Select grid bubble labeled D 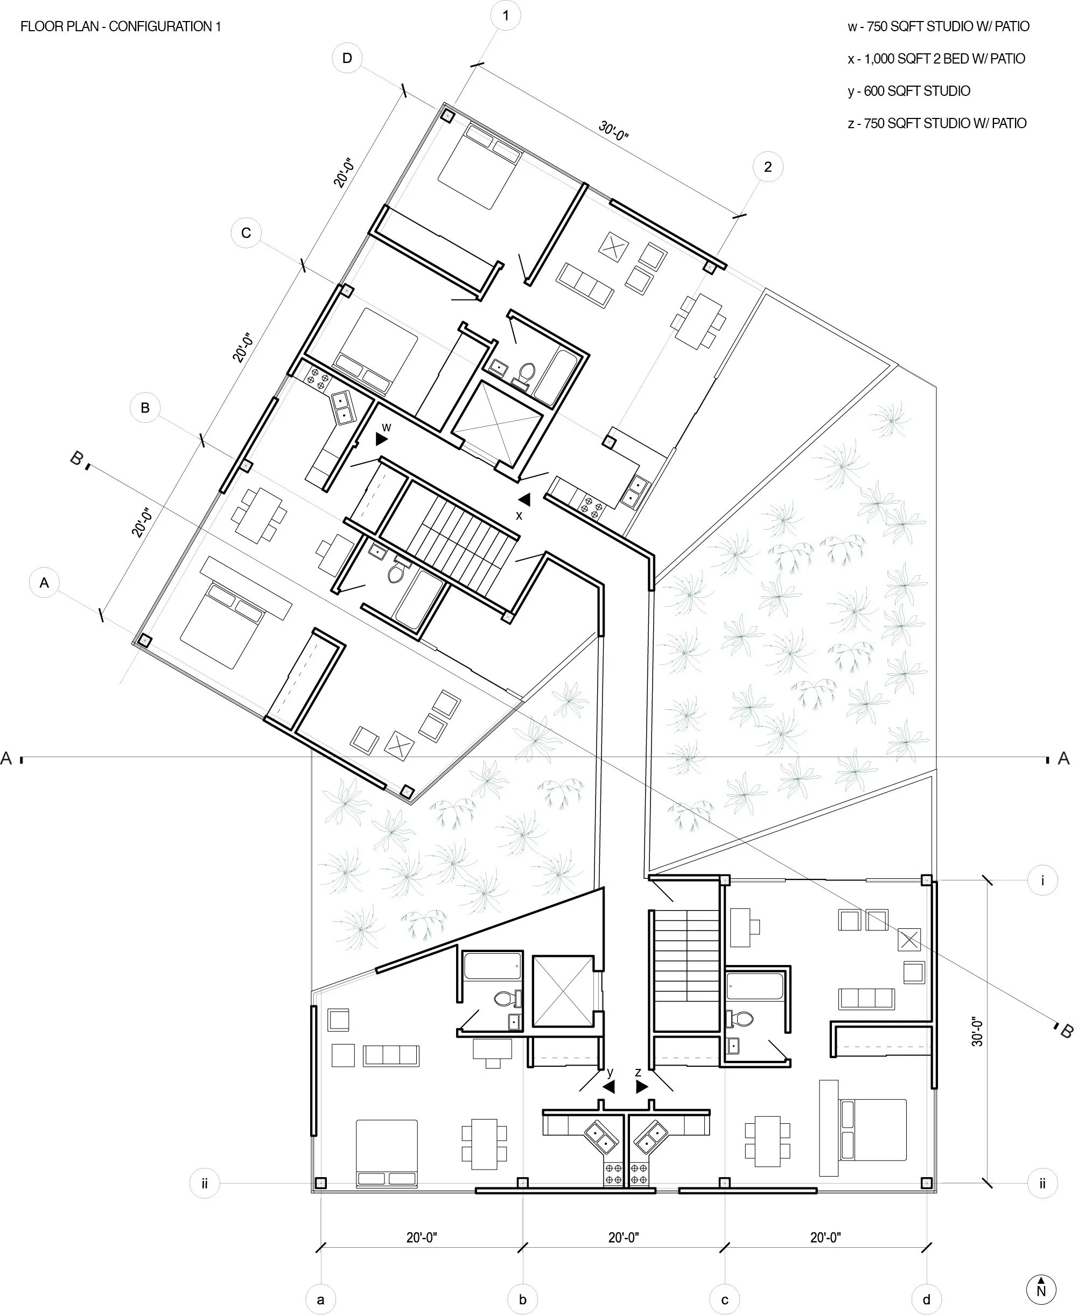click(347, 58)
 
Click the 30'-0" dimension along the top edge click(613, 131)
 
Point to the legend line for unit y click(908, 91)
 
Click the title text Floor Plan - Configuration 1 click(121, 27)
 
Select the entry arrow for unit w click(381, 439)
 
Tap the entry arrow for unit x click(524, 499)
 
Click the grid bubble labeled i click(1042, 880)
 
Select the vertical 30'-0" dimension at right click(977, 1031)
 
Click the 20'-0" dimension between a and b click(422, 1237)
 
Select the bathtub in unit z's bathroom click(755, 985)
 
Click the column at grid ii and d click(927, 1183)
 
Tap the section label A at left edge click(7, 758)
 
